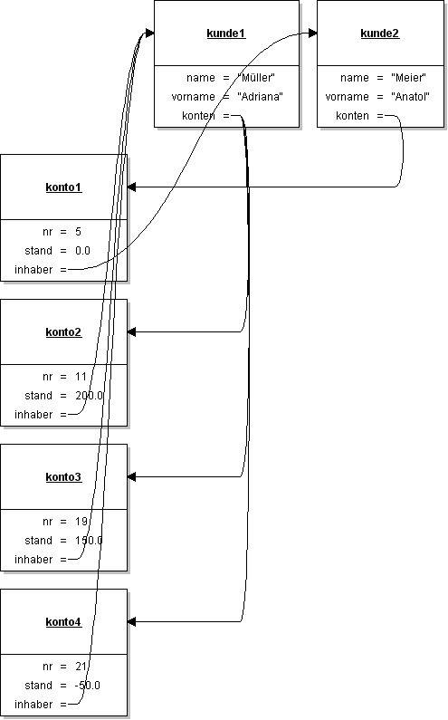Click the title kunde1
pos(226,34)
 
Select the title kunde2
pos(380,34)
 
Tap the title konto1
pos(63,187)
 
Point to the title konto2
pos(63,332)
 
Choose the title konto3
pos(63,477)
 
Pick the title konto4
pos(63,622)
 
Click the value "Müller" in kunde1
pos(255,78)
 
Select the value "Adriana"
pos(260,97)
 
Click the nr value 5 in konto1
pos(79,232)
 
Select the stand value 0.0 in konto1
pos(83,251)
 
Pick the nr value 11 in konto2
pos(81,377)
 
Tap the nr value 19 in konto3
pos(81,522)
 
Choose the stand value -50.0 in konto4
pos(88,686)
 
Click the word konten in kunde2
pos(352,116)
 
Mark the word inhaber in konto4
pos(33,705)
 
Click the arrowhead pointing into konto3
pos(132,476)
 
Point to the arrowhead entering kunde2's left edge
pos(312,34)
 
